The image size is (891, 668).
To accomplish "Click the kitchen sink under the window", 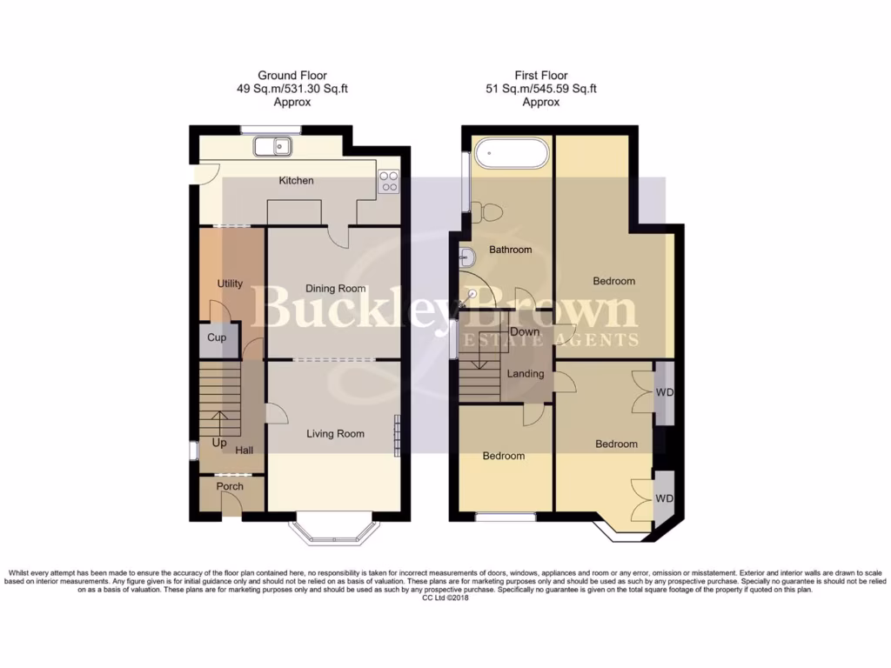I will tap(272, 147).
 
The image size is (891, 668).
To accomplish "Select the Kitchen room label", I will tap(296, 181).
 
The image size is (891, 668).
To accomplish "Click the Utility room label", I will tap(230, 284).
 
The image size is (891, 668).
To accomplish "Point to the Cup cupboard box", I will tap(217, 337).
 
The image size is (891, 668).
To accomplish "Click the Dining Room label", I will tap(335, 289).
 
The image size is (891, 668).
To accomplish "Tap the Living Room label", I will tap(335, 433).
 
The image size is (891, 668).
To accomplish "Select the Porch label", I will tap(230, 486).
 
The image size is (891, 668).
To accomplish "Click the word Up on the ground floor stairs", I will tap(218, 443).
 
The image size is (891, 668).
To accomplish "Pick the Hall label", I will tap(245, 451).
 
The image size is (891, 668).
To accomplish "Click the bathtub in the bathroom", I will tap(512, 156).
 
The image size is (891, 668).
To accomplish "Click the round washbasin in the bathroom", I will tap(467, 257).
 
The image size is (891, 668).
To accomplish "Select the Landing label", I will tap(526, 374).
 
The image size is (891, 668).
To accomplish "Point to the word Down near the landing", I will tap(525, 332).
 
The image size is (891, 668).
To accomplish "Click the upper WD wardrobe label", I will tap(665, 392).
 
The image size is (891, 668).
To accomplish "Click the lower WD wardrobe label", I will tap(665, 498).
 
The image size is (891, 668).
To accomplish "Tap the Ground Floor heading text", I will tap(292, 76).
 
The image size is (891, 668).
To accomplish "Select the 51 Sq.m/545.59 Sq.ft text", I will tap(541, 89).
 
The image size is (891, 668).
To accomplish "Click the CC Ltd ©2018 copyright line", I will tap(445, 598).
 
